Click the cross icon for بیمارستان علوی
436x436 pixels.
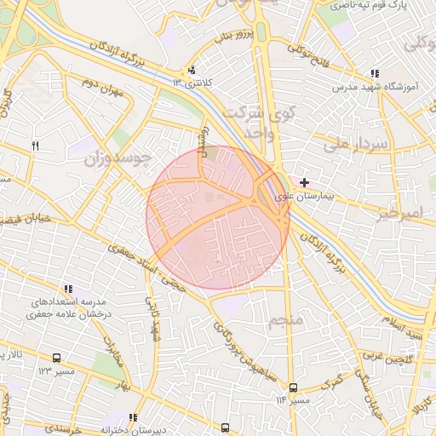tap(304, 182)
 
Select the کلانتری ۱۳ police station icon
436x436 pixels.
tap(192, 71)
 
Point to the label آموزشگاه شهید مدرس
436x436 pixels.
tap(374, 87)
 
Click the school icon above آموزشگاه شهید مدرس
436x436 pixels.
tap(374, 74)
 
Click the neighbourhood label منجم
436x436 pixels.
tap(285, 321)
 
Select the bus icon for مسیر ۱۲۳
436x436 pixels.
tap(56, 359)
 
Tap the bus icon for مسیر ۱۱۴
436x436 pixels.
tap(293, 387)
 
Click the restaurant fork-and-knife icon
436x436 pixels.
tap(35, 146)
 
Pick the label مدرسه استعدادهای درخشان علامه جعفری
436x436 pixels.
tap(67, 307)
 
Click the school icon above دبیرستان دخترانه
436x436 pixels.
tap(133, 417)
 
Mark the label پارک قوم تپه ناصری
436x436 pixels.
tap(375, 5)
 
